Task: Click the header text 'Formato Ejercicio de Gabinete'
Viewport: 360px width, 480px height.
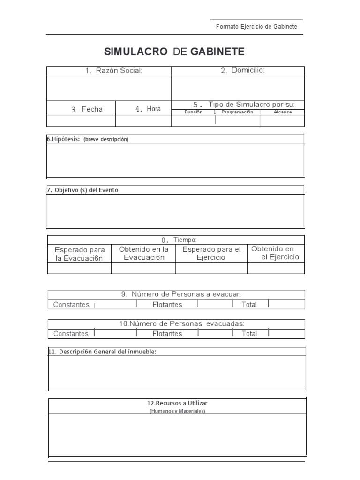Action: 256,27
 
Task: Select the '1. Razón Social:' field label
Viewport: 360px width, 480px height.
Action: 113,71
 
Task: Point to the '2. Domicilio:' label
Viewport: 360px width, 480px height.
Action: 242,70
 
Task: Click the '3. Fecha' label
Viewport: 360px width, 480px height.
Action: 87,109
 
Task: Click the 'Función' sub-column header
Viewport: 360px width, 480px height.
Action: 193,112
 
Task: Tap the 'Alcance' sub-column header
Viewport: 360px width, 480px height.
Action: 282,112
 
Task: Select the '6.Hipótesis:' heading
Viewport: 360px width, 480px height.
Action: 64,139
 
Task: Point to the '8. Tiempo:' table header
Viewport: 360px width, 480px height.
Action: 176,240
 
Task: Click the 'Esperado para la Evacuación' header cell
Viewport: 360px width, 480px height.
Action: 80,254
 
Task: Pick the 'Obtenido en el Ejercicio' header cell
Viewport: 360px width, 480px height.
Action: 276,253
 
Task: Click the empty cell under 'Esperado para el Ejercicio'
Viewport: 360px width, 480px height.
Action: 211,268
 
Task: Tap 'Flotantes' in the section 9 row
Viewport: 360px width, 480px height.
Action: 167,305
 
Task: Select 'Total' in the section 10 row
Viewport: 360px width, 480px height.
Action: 249,334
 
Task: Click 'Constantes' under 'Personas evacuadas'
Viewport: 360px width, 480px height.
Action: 71,334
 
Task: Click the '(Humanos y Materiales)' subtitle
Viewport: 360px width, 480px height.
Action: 177,411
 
